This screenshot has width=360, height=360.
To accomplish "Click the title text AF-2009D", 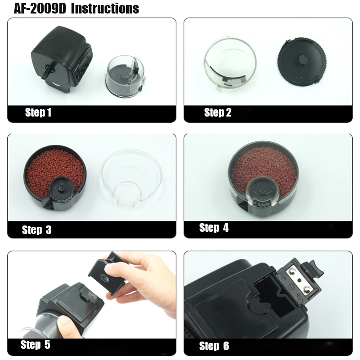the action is point(40,9).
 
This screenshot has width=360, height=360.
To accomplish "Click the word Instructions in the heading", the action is point(105,9).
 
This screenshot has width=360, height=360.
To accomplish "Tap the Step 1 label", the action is point(38,112).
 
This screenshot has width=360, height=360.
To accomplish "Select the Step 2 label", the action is point(218,112).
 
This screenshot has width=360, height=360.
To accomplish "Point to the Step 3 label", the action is point(37,229).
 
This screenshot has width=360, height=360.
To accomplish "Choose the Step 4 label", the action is point(214,228).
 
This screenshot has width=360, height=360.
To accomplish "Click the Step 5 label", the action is point(36,344).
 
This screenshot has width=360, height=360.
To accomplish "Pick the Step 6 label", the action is point(214,346).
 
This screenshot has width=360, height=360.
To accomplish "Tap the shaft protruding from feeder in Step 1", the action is point(48,72).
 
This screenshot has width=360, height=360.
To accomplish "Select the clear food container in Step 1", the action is point(126,77).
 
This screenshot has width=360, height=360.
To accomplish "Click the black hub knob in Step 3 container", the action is point(61,188).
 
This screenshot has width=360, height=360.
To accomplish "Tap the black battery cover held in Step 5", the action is point(108,273).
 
